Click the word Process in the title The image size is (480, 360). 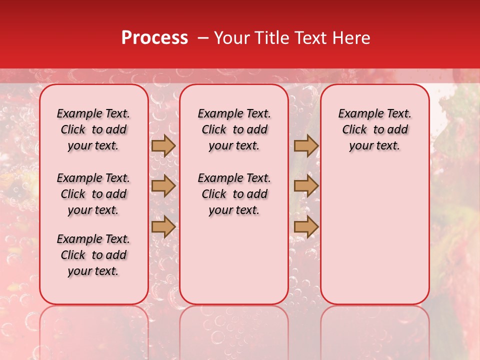[154, 38]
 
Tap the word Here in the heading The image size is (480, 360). [351, 38]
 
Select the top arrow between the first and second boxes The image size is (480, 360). [163, 146]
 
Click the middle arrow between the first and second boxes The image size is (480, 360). [163, 186]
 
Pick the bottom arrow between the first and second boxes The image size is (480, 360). [163, 226]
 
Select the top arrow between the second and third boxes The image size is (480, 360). [306, 146]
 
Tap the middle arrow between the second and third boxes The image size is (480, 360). [306, 186]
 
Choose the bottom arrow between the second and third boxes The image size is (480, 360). [306, 226]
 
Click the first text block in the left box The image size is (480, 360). [93, 129]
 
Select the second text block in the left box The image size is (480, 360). [93, 194]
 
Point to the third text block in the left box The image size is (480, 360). [93, 255]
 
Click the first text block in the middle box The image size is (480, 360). [234, 129]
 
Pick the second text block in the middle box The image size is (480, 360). [234, 194]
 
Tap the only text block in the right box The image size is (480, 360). [374, 129]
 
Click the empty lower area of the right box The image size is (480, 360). [374, 235]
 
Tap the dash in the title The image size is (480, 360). [203, 38]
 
